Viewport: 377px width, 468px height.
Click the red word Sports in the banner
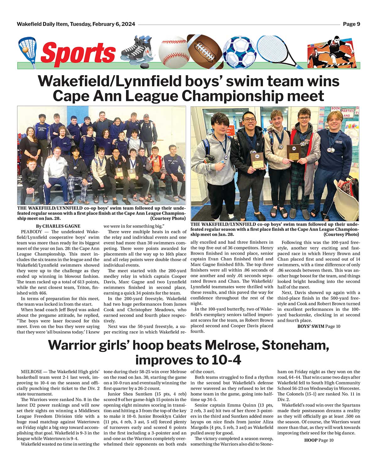tap(78, 53)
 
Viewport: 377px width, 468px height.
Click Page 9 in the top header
tap(351, 24)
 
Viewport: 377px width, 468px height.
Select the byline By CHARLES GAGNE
tap(58, 226)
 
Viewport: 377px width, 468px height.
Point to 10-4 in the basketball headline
tap(225, 360)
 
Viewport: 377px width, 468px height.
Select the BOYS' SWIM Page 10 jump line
tap(319, 326)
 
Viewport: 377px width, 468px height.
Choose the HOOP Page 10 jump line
tap(319, 440)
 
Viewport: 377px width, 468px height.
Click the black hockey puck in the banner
tap(144, 66)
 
